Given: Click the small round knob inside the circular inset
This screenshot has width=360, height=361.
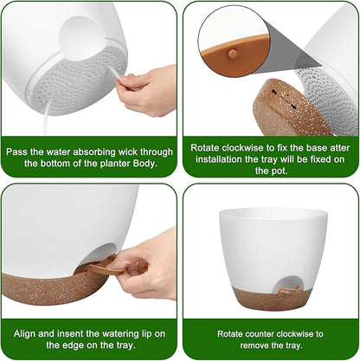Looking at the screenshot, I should click(232, 53).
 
